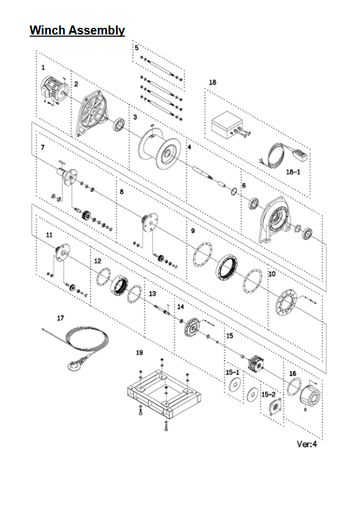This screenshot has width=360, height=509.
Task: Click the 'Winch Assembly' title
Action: pos(77,30)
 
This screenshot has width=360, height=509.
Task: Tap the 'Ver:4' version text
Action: pos(307,444)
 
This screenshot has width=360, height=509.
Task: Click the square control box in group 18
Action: pos(227,123)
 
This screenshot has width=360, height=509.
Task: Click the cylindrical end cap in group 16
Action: pos(310,395)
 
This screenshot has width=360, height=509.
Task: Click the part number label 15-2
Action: pos(268,395)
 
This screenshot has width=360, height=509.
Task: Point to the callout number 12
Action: pos(97,261)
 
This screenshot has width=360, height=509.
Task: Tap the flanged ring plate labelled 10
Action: pos(286,302)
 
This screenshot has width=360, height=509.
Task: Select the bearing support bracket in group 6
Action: pos(275,220)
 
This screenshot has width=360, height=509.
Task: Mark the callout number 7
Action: pos(42,148)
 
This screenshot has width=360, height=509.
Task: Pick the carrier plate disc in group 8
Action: pos(151,222)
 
